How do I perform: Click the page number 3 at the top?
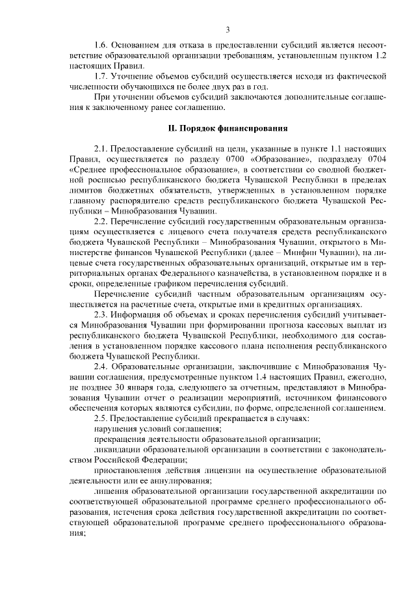click(x=227, y=29)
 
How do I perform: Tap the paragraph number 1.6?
click(x=101, y=46)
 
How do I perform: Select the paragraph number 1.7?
click(x=101, y=77)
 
